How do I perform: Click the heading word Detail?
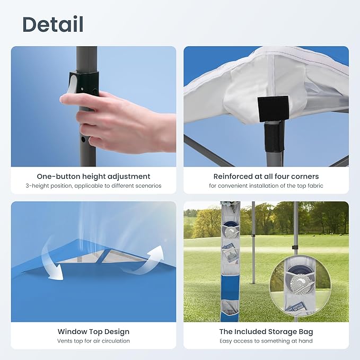tap(53, 24)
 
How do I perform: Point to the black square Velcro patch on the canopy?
tap(273, 109)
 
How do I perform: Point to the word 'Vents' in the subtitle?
tap(64, 341)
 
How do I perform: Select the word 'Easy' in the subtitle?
tap(226, 341)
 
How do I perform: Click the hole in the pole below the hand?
tap(83, 139)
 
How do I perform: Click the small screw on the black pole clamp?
tap(82, 88)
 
